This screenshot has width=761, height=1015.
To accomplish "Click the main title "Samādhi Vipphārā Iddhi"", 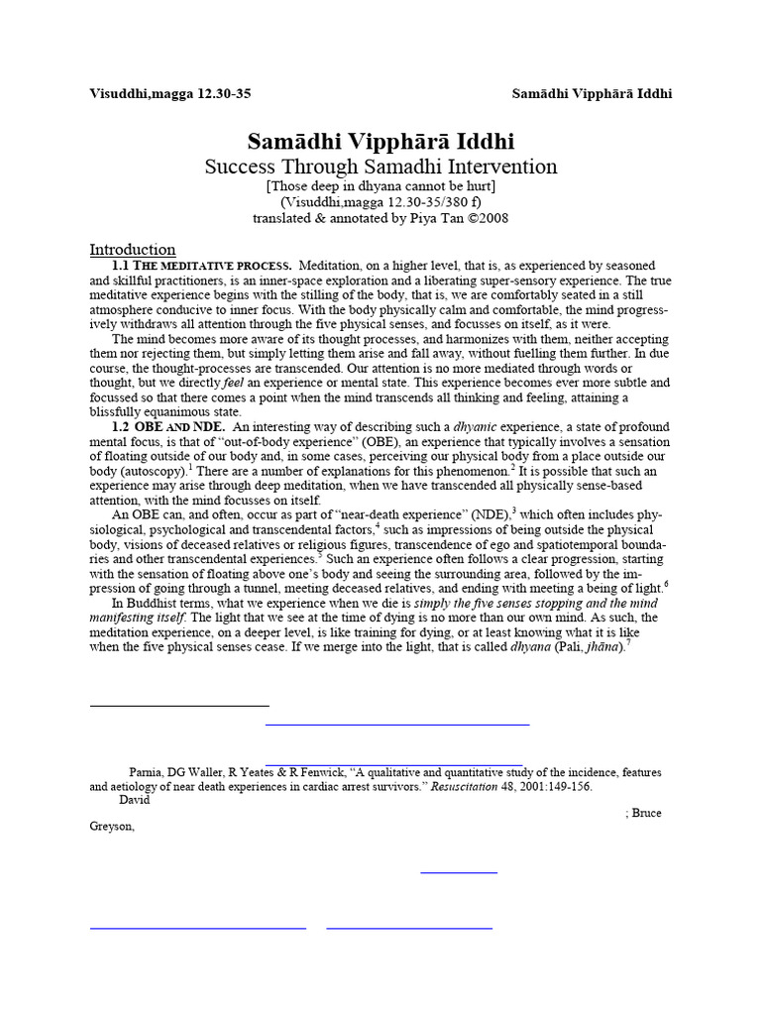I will [380, 142].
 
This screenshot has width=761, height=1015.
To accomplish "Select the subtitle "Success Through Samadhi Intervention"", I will [380, 167].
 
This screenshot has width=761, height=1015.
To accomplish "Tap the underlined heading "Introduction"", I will [133, 250].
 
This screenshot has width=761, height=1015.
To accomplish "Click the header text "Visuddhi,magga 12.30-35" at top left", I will [170, 94].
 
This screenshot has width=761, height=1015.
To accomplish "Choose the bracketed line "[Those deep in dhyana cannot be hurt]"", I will [380, 185].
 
